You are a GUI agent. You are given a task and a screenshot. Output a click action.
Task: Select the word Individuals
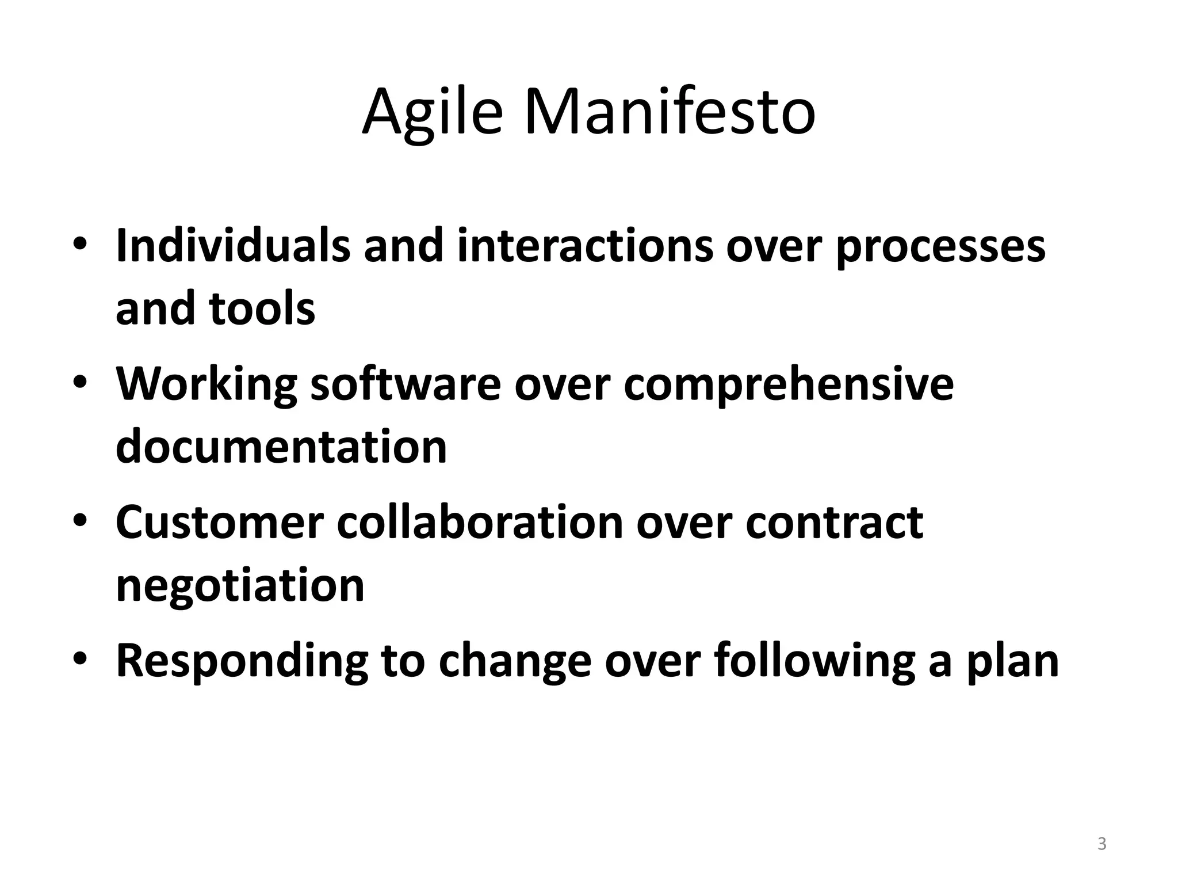click(233, 246)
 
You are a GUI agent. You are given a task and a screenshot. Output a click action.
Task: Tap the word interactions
click(585, 246)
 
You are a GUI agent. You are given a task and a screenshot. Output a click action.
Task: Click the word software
click(406, 384)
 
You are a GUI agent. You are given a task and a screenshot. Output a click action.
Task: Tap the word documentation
click(281, 447)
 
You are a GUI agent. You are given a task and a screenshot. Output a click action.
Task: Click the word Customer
click(220, 522)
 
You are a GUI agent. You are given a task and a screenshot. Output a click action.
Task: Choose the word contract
click(834, 522)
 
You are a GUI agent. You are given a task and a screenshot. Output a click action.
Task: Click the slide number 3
click(1101, 844)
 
